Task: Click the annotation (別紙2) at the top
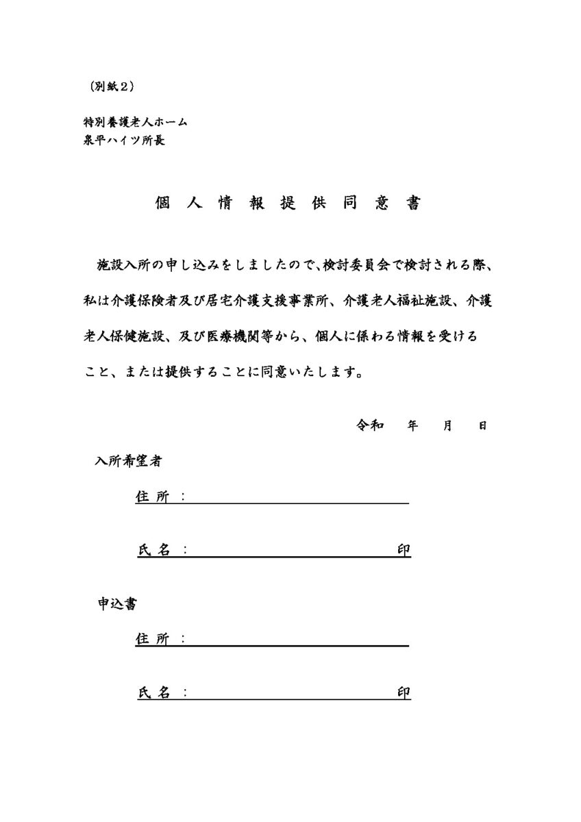point(111,86)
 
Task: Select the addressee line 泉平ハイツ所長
point(123,140)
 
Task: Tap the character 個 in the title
point(162,203)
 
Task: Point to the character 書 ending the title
point(413,203)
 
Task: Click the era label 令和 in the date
point(369,425)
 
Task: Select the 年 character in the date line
point(412,425)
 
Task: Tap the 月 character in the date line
point(448,425)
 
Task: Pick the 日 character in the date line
point(482,425)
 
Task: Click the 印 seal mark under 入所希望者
point(404,550)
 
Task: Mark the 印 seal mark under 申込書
point(404,693)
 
